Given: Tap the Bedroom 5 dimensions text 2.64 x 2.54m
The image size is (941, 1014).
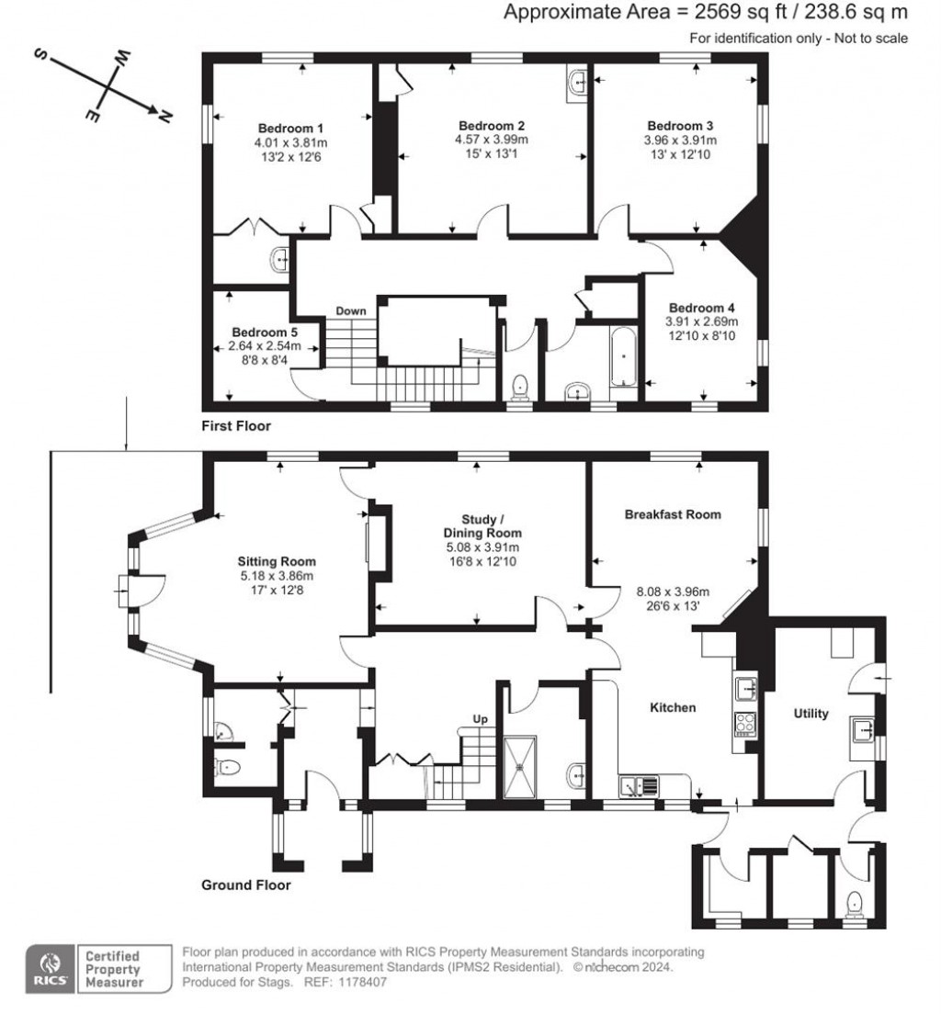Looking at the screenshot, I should coord(272,347).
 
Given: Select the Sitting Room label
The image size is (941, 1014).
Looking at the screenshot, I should coord(277,561).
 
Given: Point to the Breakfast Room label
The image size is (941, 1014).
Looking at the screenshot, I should coord(673,515).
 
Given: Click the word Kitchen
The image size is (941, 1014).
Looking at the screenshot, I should coord(673,707).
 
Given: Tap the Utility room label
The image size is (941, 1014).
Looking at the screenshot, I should coord(811,714).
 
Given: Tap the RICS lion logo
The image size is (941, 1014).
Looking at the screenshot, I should coord(47,968).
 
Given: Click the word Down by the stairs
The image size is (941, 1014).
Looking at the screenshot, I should coord(350,311).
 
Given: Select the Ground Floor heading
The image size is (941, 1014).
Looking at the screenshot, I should coord(246,885).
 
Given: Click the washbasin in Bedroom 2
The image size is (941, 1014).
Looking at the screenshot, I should coord(577,83).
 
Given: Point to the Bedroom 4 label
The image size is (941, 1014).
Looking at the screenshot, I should coord(701,308).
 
